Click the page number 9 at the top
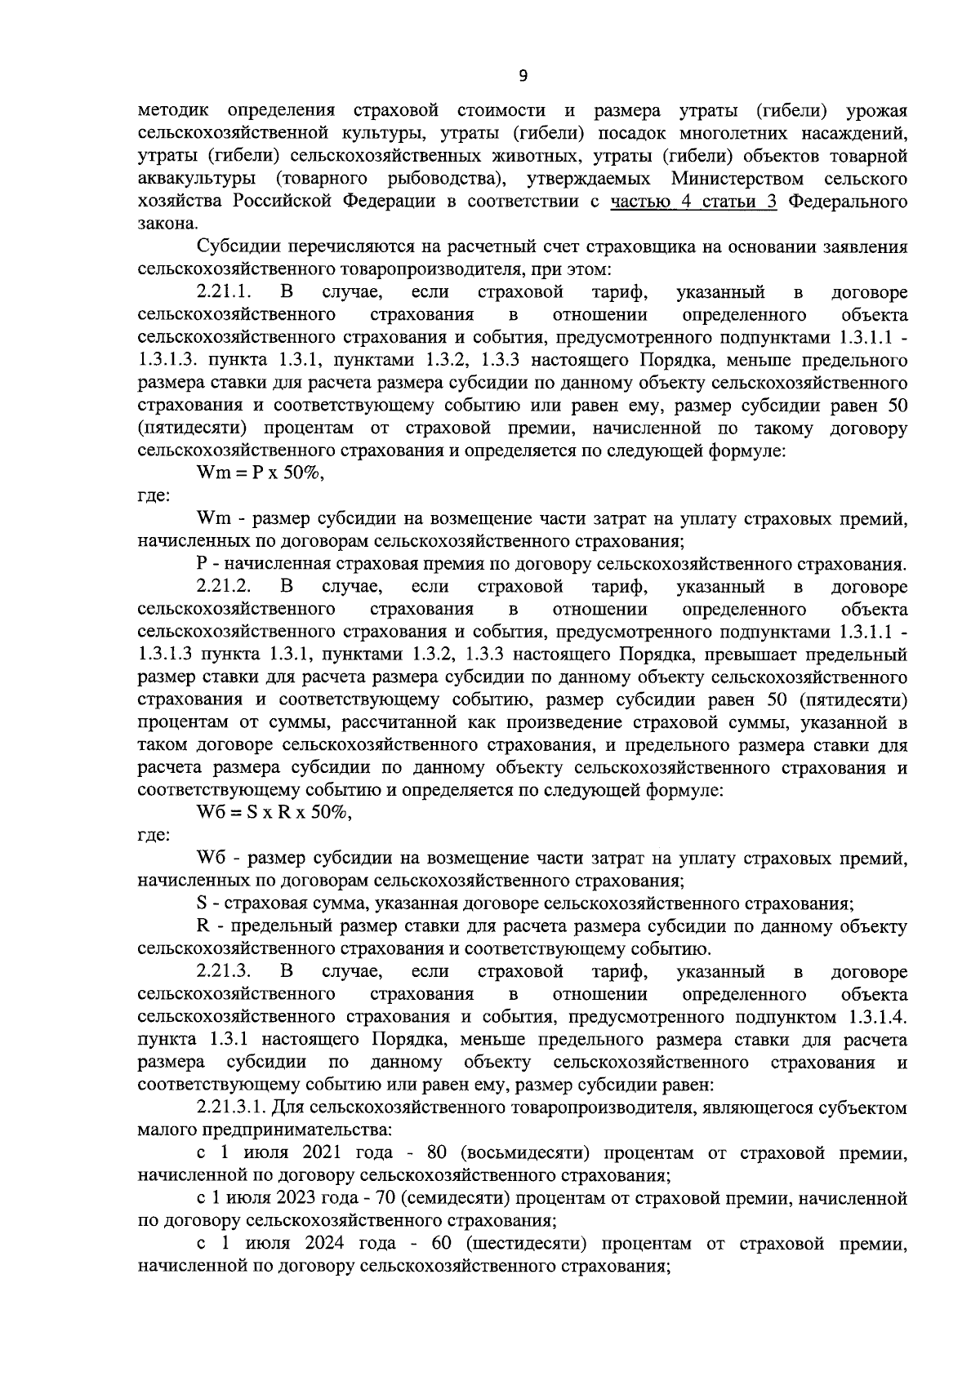point(523,76)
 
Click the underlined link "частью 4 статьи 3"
point(694,202)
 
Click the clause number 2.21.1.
point(224,292)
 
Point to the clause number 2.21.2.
point(224,586)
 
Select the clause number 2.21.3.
point(224,972)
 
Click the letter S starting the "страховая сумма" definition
point(202,903)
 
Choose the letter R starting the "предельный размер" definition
point(203,926)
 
